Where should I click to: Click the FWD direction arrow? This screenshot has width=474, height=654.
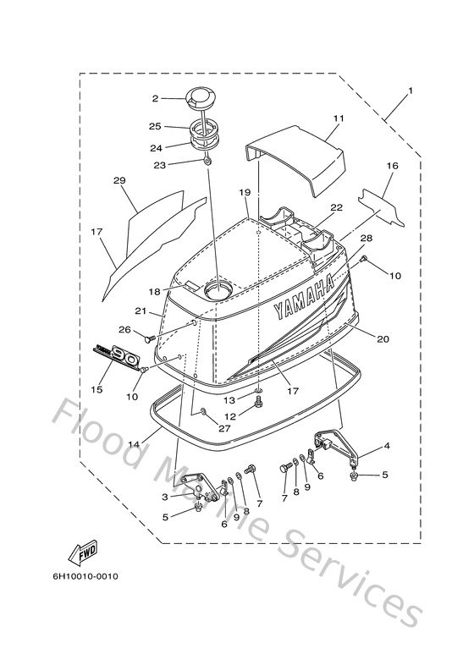87,553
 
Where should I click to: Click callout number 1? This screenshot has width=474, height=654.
410,90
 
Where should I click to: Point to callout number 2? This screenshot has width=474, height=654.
156,99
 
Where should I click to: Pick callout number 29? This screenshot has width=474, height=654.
118,181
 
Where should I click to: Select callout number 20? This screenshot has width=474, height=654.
383,339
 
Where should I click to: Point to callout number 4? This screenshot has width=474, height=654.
386,445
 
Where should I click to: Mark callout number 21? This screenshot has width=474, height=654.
141,311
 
